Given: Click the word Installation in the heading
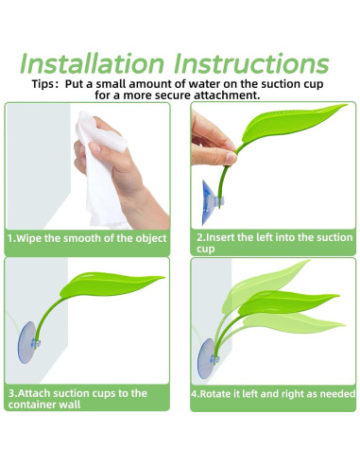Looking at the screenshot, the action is (x=92, y=63).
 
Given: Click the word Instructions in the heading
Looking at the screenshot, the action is (x=251, y=63).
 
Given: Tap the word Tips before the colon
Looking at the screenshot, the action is (x=43, y=84).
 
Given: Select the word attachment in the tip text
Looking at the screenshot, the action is (x=227, y=95).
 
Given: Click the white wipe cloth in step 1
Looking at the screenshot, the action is (x=100, y=170).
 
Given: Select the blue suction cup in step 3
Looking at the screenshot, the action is (x=28, y=342).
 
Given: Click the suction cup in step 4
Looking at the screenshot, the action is (x=207, y=358).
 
